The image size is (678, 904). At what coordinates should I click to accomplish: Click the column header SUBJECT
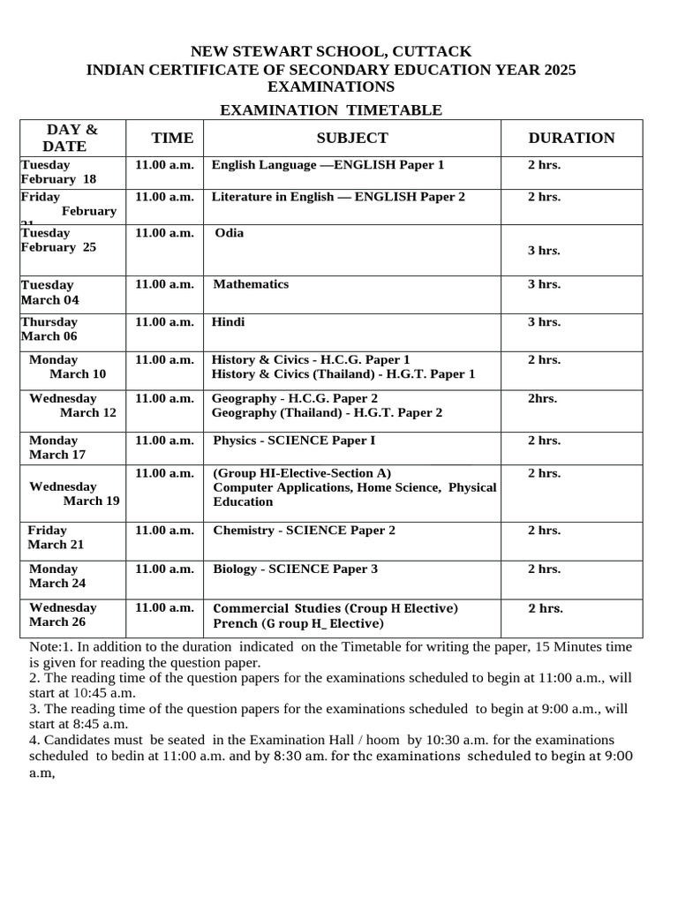click(352, 138)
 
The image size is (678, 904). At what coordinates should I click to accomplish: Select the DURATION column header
click(571, 138)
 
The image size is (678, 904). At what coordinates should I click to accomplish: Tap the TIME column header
click(172, 138)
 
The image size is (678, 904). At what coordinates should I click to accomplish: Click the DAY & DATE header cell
click(72, 138)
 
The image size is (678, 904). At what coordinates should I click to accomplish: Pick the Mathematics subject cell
click(252, 284)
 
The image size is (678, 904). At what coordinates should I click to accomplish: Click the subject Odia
click(230, 233)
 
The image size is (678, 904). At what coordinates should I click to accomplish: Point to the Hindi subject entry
click(229, 322)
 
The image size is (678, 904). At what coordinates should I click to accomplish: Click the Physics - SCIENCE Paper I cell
click(294, 441)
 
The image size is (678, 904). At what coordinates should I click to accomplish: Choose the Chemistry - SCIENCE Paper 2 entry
click(305, 531)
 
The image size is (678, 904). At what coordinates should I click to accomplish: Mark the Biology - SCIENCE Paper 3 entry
click(296, 569)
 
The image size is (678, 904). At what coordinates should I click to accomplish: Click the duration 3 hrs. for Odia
click(544, 251)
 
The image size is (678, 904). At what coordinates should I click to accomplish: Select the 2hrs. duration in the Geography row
click(542, 398)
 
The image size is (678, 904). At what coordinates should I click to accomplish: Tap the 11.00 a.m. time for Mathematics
click(164, 284)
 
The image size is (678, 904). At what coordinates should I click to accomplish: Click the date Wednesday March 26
click(63, 615)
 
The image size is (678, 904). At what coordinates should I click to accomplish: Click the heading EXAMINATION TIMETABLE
click(330, 109)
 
